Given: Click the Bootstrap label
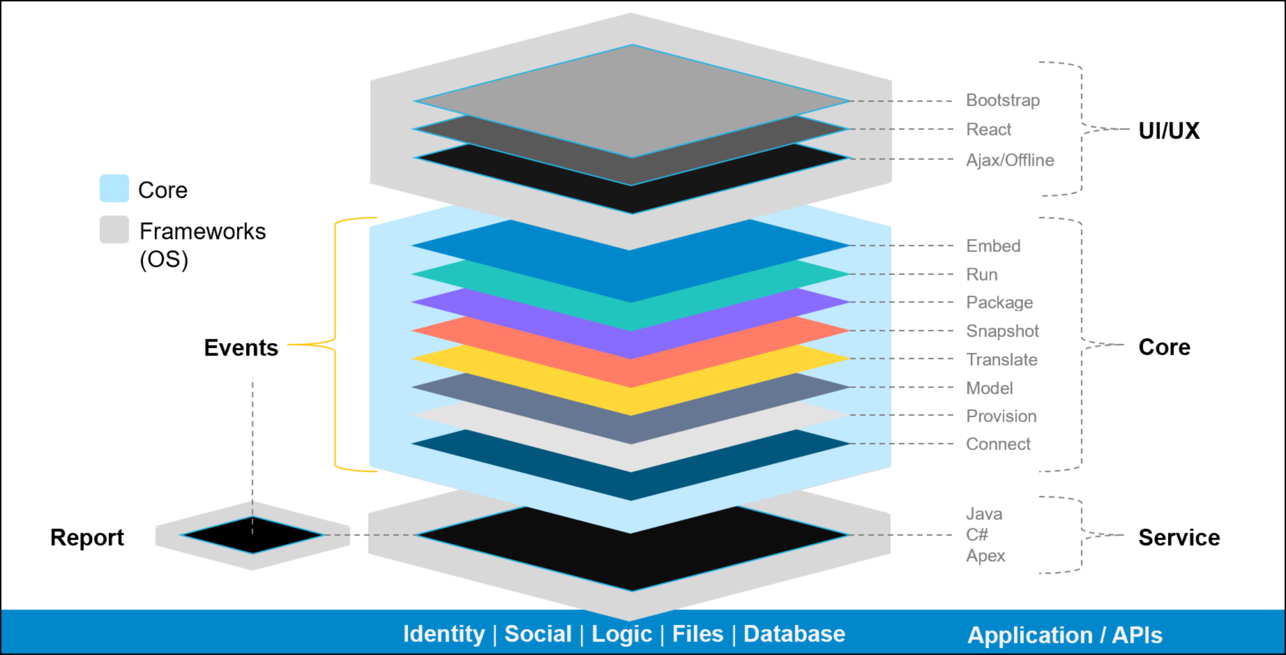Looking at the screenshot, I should coord(1002,100).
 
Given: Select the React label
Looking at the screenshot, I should coord(988,130).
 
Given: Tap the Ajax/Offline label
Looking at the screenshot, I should coord(1009,160).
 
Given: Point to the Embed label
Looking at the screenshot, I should coord(993,246).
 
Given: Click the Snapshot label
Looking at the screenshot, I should coord(1002,331).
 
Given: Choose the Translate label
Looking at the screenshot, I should coord(1001,360).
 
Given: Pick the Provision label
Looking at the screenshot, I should coord(1001,416).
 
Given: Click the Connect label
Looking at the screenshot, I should coord(998,444).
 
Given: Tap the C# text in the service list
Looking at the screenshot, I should coord(976,535).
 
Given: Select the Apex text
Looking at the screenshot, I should coord(985,556).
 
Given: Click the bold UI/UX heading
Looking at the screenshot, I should coord(1169,131).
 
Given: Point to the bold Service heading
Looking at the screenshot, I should coord(1179,538).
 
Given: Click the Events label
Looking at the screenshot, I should coord(241,348).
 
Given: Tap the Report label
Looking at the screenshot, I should coord(87,538).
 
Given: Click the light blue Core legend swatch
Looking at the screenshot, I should coord(114,188).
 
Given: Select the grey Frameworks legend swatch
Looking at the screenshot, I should coord(114,229).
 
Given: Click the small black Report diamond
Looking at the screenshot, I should coord(252,535).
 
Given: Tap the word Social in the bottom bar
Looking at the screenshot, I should coord(538,634).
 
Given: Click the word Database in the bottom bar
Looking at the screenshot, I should coord(794,634).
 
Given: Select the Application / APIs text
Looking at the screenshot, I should coord(1064,635).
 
